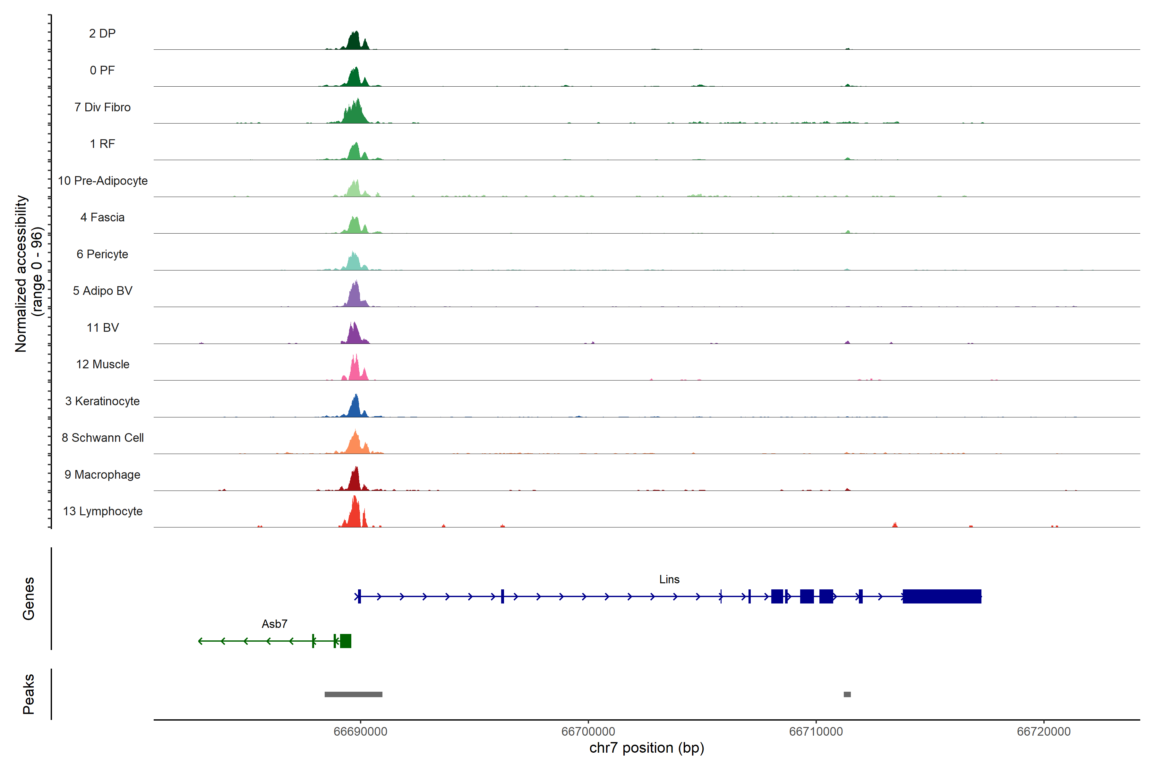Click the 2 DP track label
click(102, 33)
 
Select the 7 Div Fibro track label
click(102, 107)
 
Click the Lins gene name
click(669, 579)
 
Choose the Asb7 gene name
click(274, 624)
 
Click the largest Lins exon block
click(941, 596)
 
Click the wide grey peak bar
click(353, 694)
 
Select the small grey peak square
click(847, 694)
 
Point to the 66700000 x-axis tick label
click(588, 731)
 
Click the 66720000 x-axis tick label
click(1044, 731)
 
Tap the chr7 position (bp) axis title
click(646, 748)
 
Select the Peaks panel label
click(29, 694)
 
